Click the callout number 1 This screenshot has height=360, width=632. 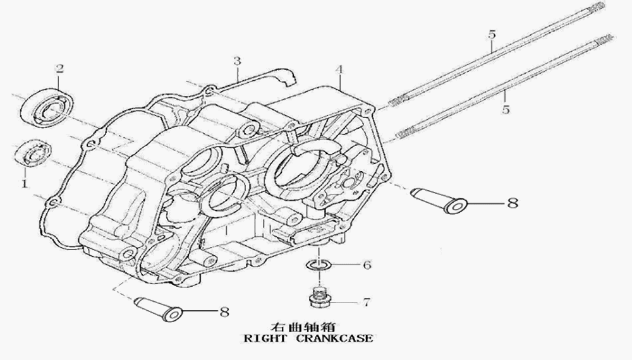pyautogui.click(x=24, y=184)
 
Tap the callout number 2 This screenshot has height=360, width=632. pyautogui.click(x=59, y=69)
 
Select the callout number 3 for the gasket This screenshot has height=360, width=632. pyautogui.click(x=236, y=61)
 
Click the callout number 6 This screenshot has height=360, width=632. pyautogui.click(x=367, y=265)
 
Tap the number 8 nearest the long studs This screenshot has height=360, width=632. pyautogui.click(x=511, y=203)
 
